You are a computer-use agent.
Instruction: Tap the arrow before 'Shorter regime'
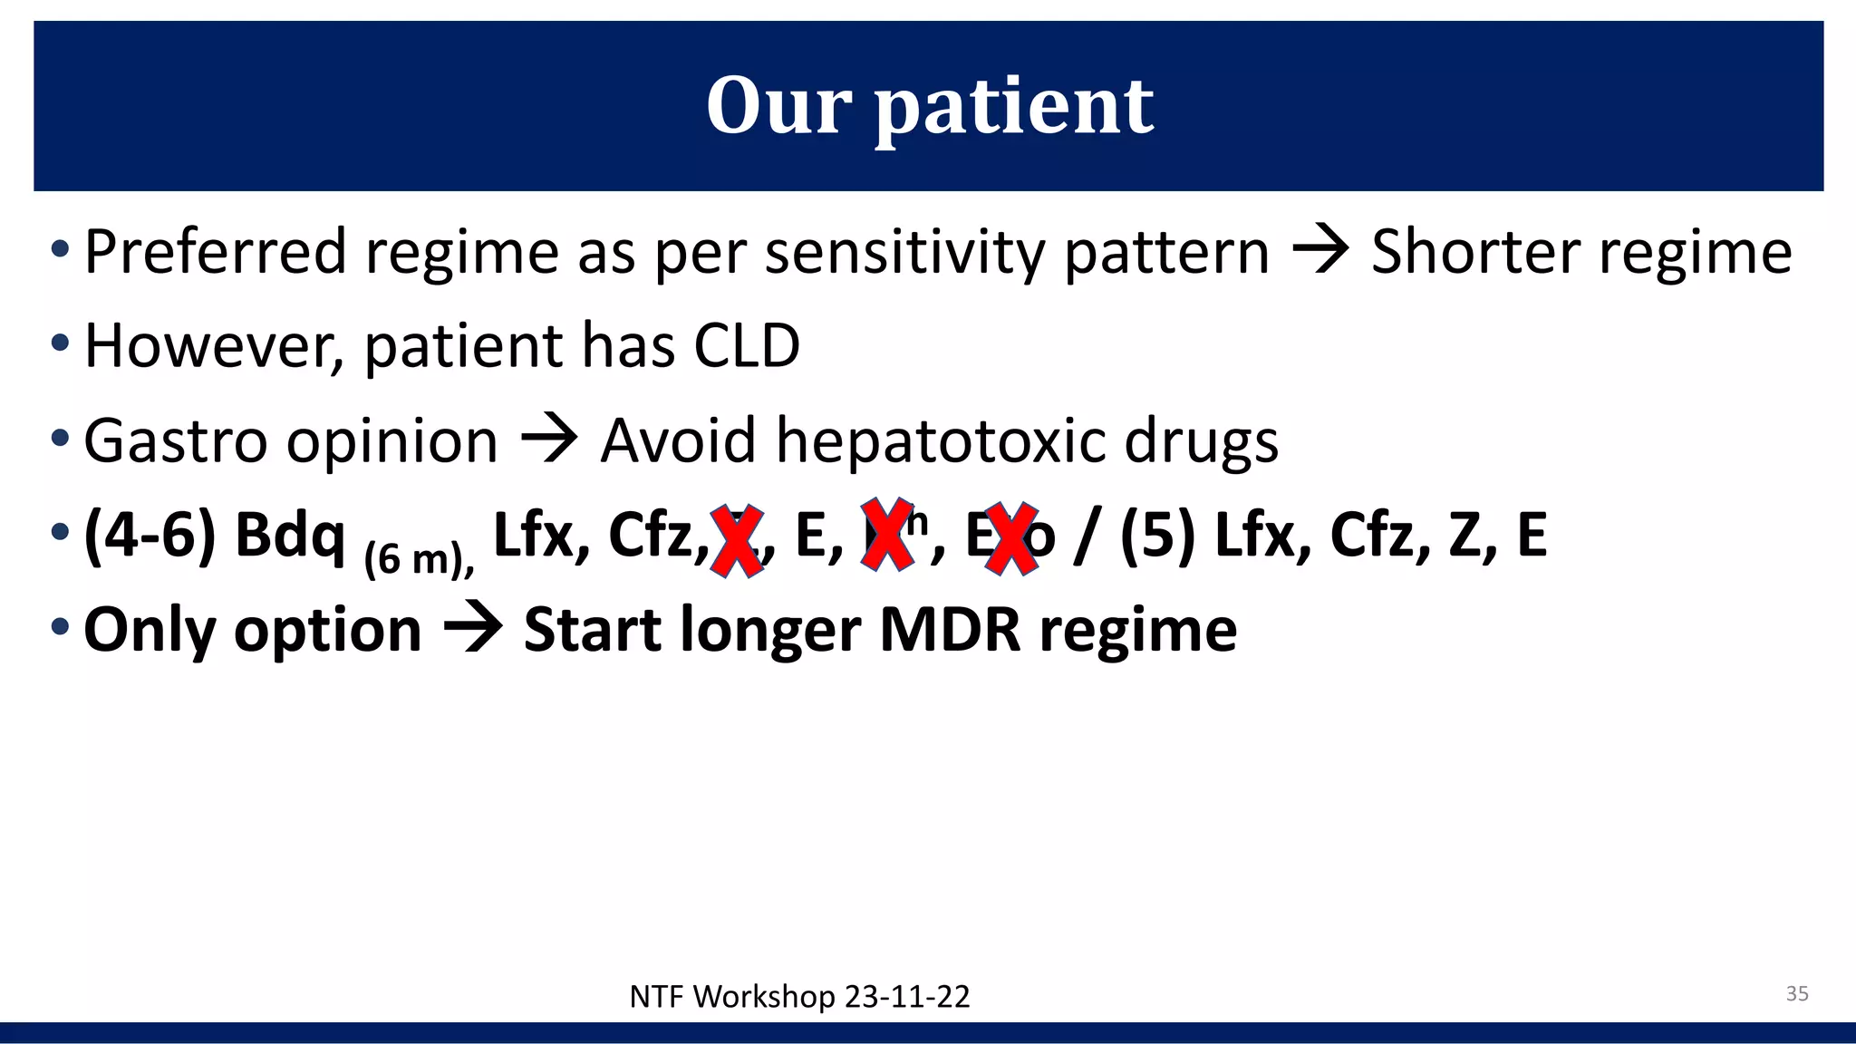click(x=1320, y=250)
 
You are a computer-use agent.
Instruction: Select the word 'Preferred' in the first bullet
click(x=215, y=252)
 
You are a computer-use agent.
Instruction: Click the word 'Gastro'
click(x=175, y=441)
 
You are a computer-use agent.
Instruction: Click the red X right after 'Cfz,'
click(x=736, y=541)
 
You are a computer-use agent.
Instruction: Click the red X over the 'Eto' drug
click(x=1010, y=539)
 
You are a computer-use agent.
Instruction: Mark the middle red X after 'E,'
click(x=886, y=535)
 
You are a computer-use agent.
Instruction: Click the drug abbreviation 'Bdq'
click(x=290, y=535)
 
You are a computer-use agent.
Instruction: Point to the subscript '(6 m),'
click(x=419, y=558)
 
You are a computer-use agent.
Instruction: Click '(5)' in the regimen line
click(x=1157, y=535)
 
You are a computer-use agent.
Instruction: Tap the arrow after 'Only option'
click(x=473, y=629)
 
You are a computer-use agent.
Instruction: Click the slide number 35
click(x=1796, y=993)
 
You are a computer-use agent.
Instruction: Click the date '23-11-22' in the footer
click(x=906, y=997)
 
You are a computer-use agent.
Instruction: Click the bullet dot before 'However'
click(x=60, y=343)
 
